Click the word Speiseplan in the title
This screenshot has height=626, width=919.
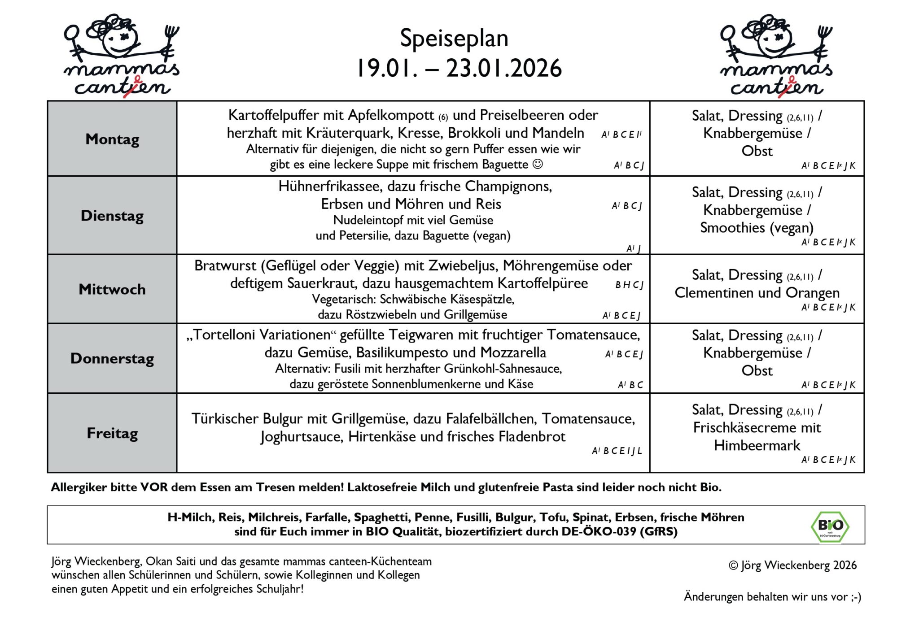(x=454, y=38)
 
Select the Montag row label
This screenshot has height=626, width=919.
(x=112, y=139)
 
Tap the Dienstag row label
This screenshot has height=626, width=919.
(x=112, y=216)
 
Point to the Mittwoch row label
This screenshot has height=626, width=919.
(x=112, y=289)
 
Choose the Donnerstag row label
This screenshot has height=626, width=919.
(x=112, y=358)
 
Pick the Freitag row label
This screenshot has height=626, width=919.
(x=112, y=433)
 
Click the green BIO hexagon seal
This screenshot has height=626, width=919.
(x=830, y=526)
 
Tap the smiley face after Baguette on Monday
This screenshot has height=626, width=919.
(x=537, y=164)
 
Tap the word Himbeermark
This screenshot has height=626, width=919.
(x=757, y=445)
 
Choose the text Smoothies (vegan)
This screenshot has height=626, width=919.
(x=757, y=228)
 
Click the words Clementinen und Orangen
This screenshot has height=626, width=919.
(x=757, y=293)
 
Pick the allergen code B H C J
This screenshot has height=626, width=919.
(x=629, y=285)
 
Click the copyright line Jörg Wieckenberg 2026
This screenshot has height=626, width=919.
(x=792, y=565)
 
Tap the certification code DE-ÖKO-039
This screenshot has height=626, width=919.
(x=599, y=532)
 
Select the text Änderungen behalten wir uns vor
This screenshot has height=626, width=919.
(x=772, y=596)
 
